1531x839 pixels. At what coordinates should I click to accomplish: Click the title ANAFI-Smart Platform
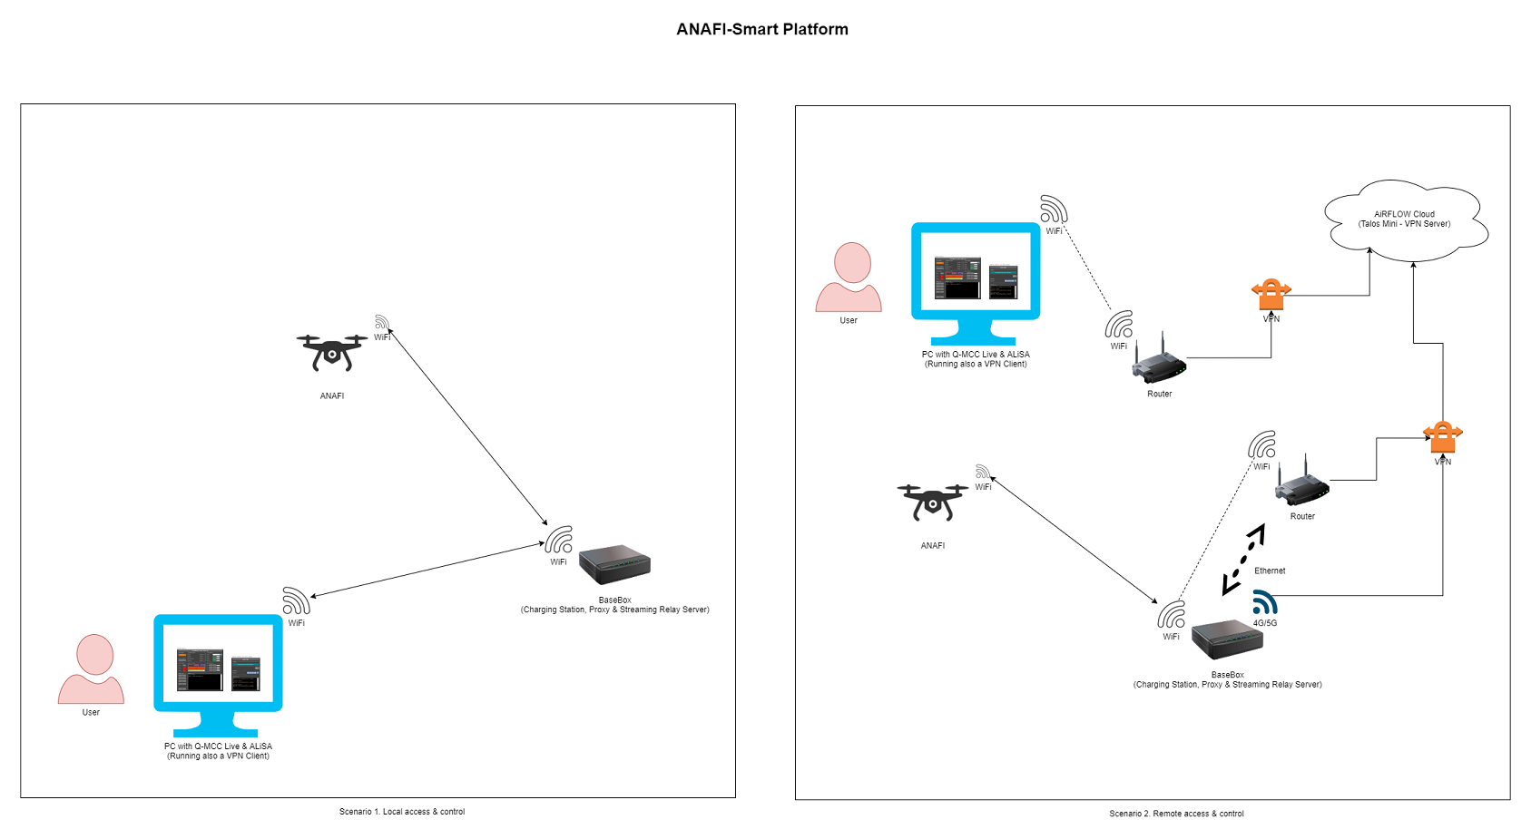tap(762, 29)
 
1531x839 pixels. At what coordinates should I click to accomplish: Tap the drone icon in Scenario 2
tap(932, 502)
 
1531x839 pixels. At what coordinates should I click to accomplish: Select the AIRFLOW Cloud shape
tap(1405, 220)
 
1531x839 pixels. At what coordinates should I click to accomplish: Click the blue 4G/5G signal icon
tap(1265, 602)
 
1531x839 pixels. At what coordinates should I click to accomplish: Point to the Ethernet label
tap(1270, 571)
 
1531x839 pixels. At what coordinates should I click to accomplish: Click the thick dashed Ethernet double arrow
tap(1243, 559)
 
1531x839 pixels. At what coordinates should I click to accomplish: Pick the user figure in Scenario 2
tap(849, 278)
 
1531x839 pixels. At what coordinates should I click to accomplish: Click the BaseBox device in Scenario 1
tap(615, 564)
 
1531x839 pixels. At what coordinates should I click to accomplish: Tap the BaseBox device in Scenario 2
tap(1227, 639)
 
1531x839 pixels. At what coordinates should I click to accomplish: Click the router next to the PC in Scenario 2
tap(1159, 362)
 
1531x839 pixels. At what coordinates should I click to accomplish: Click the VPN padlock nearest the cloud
tap(1271, 295)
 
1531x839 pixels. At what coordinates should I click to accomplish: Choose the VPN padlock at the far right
tap(1442, 437)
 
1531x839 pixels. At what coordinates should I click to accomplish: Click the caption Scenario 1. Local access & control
tap(402, 812)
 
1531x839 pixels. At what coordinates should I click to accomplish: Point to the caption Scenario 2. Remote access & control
tap(1176, 814)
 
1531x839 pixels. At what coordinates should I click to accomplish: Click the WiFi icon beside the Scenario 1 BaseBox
tap(558, 541)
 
